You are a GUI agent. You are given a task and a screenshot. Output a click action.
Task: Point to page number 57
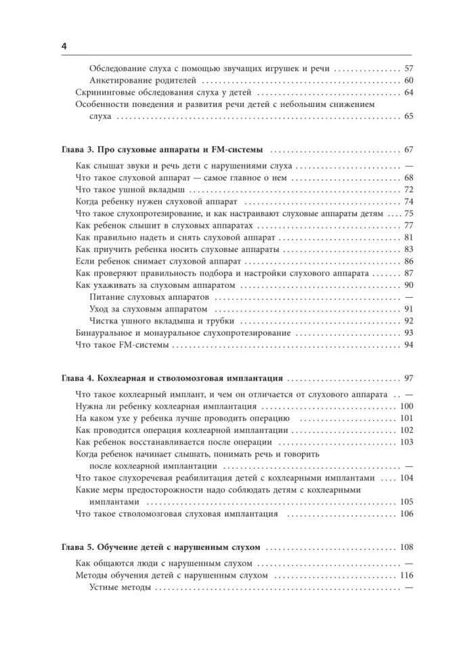click(x=408, y=69)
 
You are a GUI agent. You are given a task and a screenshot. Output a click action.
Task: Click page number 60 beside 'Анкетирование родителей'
click(x=408, y=81)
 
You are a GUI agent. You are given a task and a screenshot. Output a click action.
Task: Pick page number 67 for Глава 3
click(x=408, y=150)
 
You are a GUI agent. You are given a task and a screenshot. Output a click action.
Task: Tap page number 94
click(x=408, y=345)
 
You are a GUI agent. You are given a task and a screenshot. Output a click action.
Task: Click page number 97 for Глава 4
click(x=408, y=378)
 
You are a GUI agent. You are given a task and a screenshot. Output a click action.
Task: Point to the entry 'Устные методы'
click(x=120, y=588)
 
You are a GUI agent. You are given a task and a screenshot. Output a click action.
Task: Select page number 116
click(x=406, y=576)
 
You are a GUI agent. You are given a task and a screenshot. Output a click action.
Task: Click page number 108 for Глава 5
click(x=406, y=547)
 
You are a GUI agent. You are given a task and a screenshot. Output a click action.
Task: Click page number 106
click(x=406, y=514)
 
